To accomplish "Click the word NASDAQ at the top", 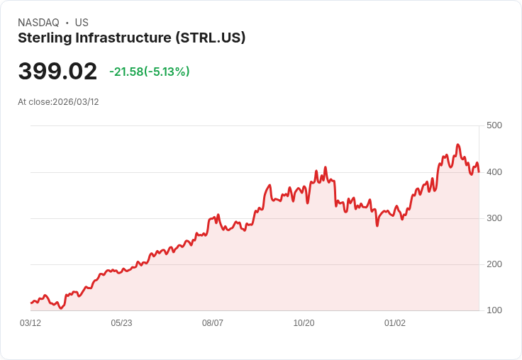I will point(38,23).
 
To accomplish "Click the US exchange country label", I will point(82,23).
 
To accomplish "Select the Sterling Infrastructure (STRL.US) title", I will point(131,38).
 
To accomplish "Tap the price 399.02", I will point(57,72).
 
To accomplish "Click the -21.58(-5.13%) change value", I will point(149,72).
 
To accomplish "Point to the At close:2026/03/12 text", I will point(58,101).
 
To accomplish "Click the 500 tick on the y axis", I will point(494,125).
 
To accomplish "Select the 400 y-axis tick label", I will point(494,171).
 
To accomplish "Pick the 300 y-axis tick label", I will point(494,218).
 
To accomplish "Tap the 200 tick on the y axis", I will point(494,264).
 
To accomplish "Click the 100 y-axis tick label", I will point(494,310).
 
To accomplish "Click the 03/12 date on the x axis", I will point(30,322).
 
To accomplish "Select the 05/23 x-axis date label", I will point(121,322).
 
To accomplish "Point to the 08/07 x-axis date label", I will point(213,322).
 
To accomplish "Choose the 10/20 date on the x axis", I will point(304,322).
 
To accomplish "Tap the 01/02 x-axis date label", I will point(395,322).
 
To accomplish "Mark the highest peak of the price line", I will point(457,145).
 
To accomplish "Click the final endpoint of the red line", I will point(479,171).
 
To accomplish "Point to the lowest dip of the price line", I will point(61,308).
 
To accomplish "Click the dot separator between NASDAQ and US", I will point(67,23).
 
